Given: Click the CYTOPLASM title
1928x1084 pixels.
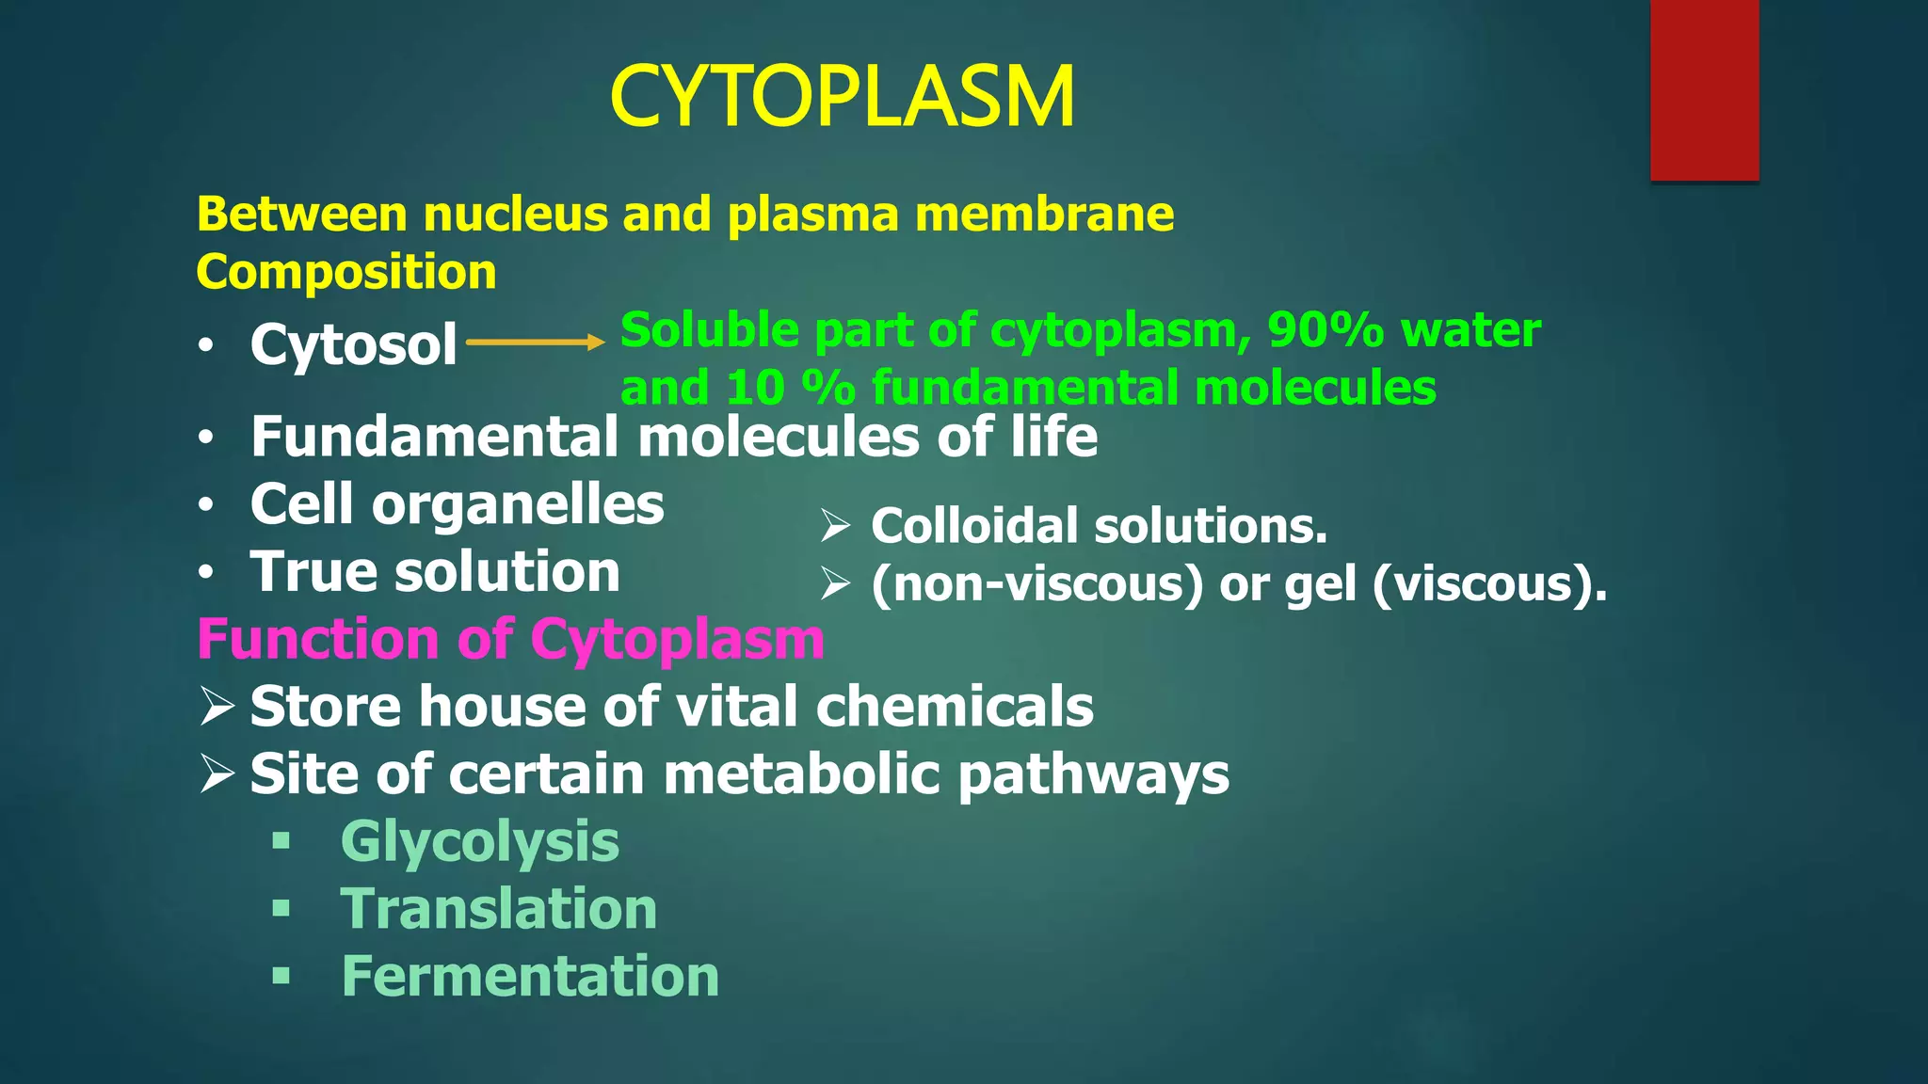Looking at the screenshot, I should pos(842,96).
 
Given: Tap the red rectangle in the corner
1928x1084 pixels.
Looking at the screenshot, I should pos(1704,89).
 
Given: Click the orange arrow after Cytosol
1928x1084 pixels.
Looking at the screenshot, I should pos(535,343).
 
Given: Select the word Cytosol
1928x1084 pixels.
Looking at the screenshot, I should pos(353,344).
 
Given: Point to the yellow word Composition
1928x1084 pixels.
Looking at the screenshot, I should pos(345,273).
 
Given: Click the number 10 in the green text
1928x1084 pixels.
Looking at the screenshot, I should pos(754,388).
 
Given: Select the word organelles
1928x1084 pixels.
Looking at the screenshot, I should pos(518,505).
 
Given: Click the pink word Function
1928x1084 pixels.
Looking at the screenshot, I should pos(318,640).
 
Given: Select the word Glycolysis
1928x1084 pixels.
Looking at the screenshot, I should pos(479,841).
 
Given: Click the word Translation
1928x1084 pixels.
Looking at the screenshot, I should pos(498,909).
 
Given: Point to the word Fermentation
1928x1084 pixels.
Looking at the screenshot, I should pos(530,977).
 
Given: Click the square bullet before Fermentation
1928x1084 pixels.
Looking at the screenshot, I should pos(281,976).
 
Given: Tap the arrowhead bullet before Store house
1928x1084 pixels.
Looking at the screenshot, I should pos(217,707).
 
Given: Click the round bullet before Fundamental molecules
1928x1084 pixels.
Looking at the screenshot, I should pos(206,439).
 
